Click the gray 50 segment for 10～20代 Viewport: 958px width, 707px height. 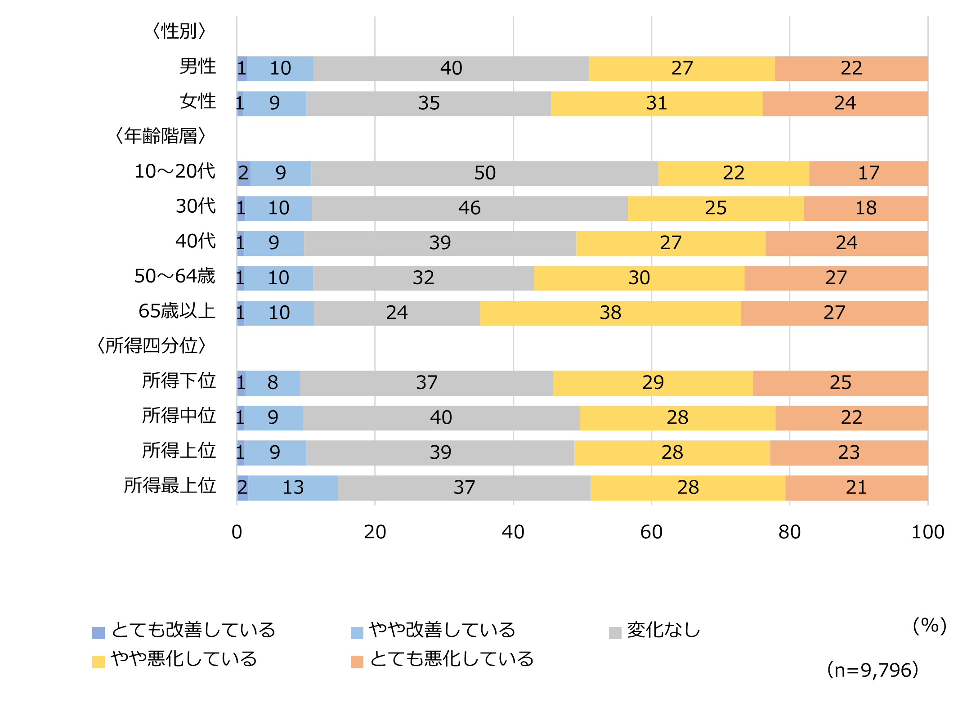[x=484, y=173]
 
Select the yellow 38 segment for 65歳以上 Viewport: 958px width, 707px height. [x=610, y=313]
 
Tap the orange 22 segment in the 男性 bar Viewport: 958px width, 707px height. [x=851, y=68]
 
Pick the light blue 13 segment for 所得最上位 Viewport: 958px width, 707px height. [x=293, y=488]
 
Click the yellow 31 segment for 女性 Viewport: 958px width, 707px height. [x=656, y=103]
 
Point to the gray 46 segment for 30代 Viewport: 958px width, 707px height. [x=469, y=208]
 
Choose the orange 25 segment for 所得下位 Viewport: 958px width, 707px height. [x=840, y=383]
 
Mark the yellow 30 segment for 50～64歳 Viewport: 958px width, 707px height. [x=639, y=278]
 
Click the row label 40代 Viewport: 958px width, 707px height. [x=196, y=242]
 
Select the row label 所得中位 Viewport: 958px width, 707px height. [x=179, y=416]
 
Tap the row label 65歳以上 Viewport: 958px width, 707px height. [x=177, y=311]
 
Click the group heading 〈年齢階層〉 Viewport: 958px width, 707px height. [x=161, y=136]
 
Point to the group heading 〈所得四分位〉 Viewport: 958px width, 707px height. [x=152, y=346]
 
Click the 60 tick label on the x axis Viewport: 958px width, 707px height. [x=651, y=532]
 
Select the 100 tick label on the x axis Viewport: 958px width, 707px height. [x=927, y=532]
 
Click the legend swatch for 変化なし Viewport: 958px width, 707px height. [x=615, y=633]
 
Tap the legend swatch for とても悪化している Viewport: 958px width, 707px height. [x=357, y=662]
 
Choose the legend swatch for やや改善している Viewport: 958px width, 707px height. [x=357, y=633]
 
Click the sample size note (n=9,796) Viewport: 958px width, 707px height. [x=872, y=670]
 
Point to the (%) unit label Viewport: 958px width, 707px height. [x=929, y=626]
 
